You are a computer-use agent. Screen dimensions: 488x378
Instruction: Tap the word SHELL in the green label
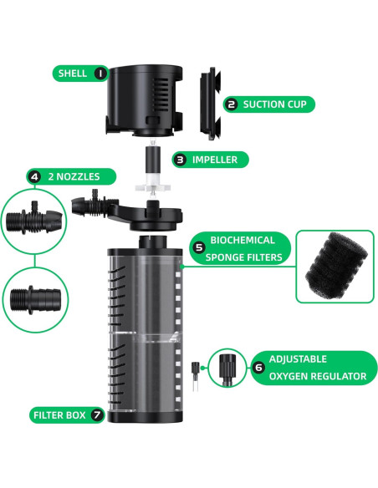pyautogui.click(x=73, y=74)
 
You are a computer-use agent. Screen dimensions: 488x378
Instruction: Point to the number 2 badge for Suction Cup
pyautogui.click(x=232, y=104)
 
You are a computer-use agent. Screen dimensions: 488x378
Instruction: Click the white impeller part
pyautogui.click(x=153, y=167)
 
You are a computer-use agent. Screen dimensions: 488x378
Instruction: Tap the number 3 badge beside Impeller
pyautogui.click(x=181, y=159)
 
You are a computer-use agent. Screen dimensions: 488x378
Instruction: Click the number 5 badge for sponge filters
pyautogui.click(x=199, y=247)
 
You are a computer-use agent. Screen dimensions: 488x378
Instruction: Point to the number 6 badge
pyautogui.click(x=258, y=366)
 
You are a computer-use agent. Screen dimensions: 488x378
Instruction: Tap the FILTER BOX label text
pyautogui.click(x=61, y=414)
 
